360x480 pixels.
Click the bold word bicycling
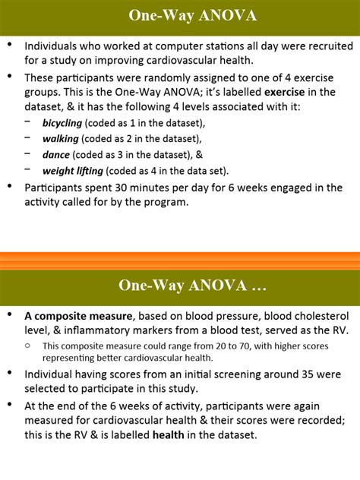pyautogui.click(x=63, y=122)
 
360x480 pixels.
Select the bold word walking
pyautogui.click(x=61, y=138)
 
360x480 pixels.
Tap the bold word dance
pyautogui.click(x=56, y=154)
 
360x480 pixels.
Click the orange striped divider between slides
pyautogui.click(x=180, y=261)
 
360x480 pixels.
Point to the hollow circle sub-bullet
pyautogui.click(x=28, y=346)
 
